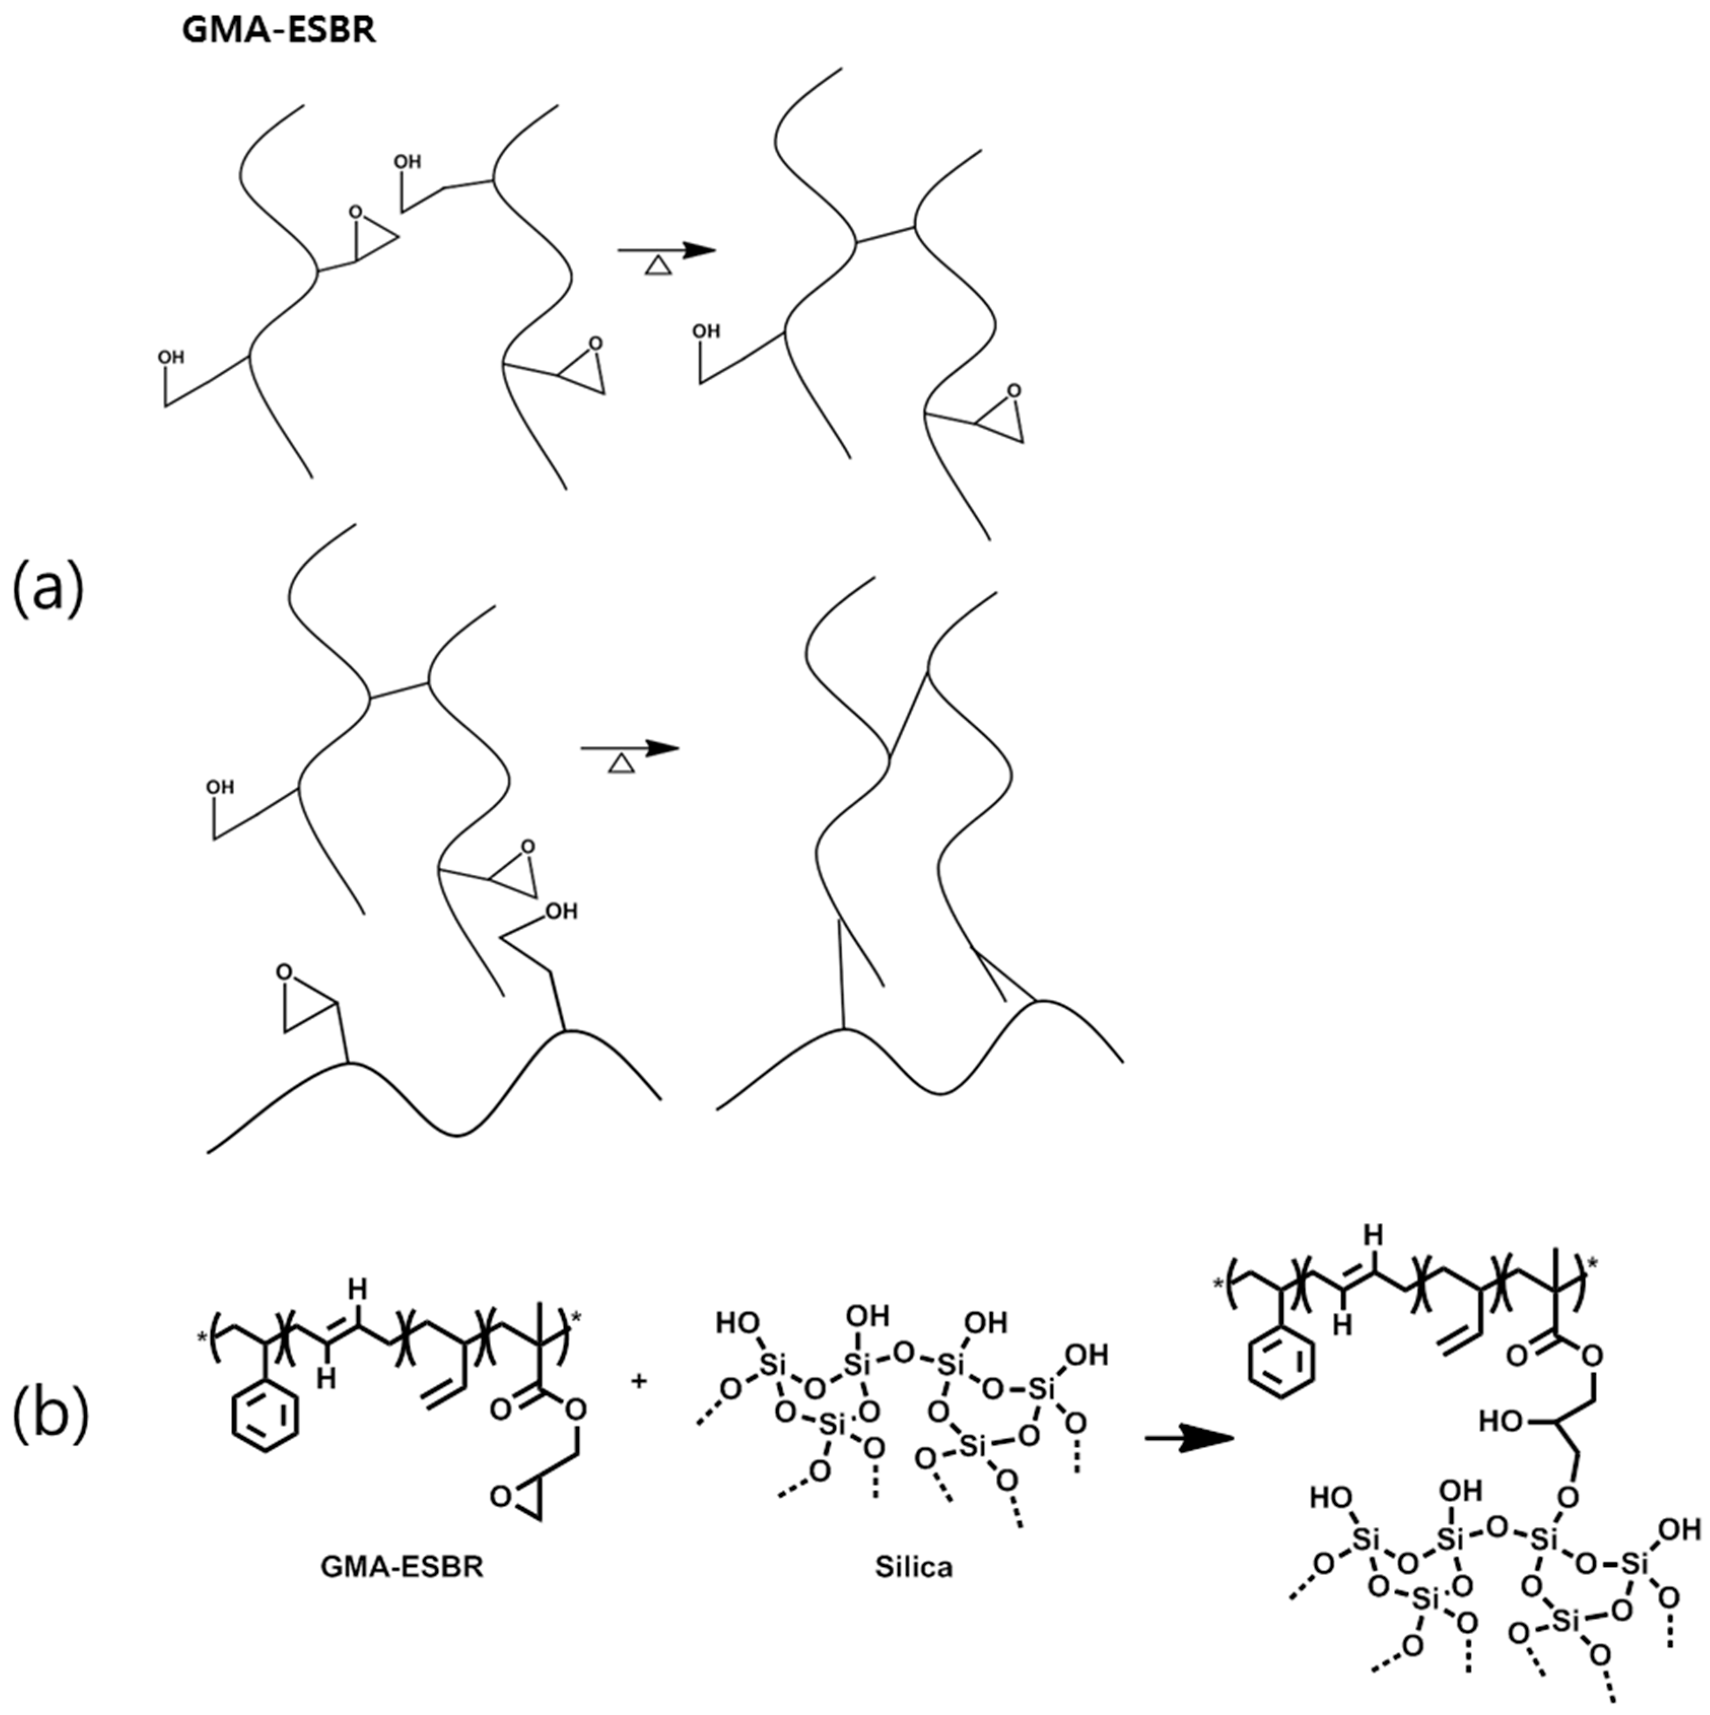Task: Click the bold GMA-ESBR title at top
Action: (278, 30)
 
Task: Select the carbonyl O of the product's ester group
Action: (1516, 1355)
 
